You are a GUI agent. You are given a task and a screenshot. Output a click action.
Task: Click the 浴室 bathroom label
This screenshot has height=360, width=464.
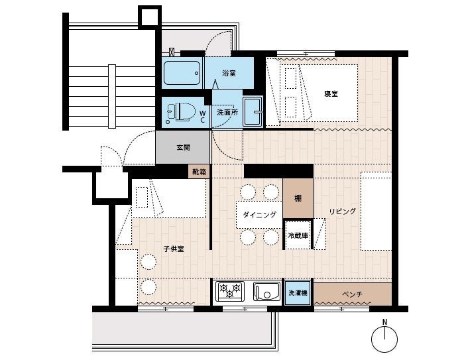pos(229,73)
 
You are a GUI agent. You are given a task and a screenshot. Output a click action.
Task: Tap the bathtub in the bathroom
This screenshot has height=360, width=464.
pos(182,73)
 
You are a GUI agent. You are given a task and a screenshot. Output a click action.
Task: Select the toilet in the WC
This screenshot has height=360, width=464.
pos(181,112)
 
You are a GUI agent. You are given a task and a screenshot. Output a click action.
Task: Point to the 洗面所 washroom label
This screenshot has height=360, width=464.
pos(227,112)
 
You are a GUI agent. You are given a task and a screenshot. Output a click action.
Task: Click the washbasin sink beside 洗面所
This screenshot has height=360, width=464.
pos(253,111)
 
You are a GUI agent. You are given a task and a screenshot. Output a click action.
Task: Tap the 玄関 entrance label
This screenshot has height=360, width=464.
pos(184,147)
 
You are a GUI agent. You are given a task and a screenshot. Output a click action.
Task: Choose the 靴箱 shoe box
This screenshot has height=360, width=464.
pos(199,172)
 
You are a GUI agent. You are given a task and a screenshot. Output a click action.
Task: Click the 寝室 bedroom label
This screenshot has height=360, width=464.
pos(331,94)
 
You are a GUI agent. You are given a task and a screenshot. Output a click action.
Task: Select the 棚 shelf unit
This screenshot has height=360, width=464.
pos(298,198)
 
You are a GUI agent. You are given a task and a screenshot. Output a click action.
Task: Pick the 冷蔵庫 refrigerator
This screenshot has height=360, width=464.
pos(298,235)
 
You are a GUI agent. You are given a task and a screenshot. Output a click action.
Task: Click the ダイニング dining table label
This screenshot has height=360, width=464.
pos(259,215)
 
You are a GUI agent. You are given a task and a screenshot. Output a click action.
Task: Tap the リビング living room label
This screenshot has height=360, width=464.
pos(343,211)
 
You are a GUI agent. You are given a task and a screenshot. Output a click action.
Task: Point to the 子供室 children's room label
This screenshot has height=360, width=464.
pos(174,249)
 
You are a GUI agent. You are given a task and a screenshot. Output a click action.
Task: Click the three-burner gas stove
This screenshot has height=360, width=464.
pos(230,290)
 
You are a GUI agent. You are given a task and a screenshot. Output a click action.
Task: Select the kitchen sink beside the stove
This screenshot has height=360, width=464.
pos(266,291)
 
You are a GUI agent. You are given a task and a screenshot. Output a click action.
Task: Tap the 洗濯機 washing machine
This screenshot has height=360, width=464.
pos(298,293)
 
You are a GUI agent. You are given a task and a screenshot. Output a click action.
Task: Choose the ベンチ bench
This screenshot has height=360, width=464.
pos(353,294)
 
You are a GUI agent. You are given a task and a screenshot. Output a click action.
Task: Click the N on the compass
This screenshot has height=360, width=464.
pos(384,322)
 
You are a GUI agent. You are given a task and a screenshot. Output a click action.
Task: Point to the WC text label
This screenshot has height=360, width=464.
pos(203,117)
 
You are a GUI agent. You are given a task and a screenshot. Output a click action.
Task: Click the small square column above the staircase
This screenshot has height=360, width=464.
pos(150,17)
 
